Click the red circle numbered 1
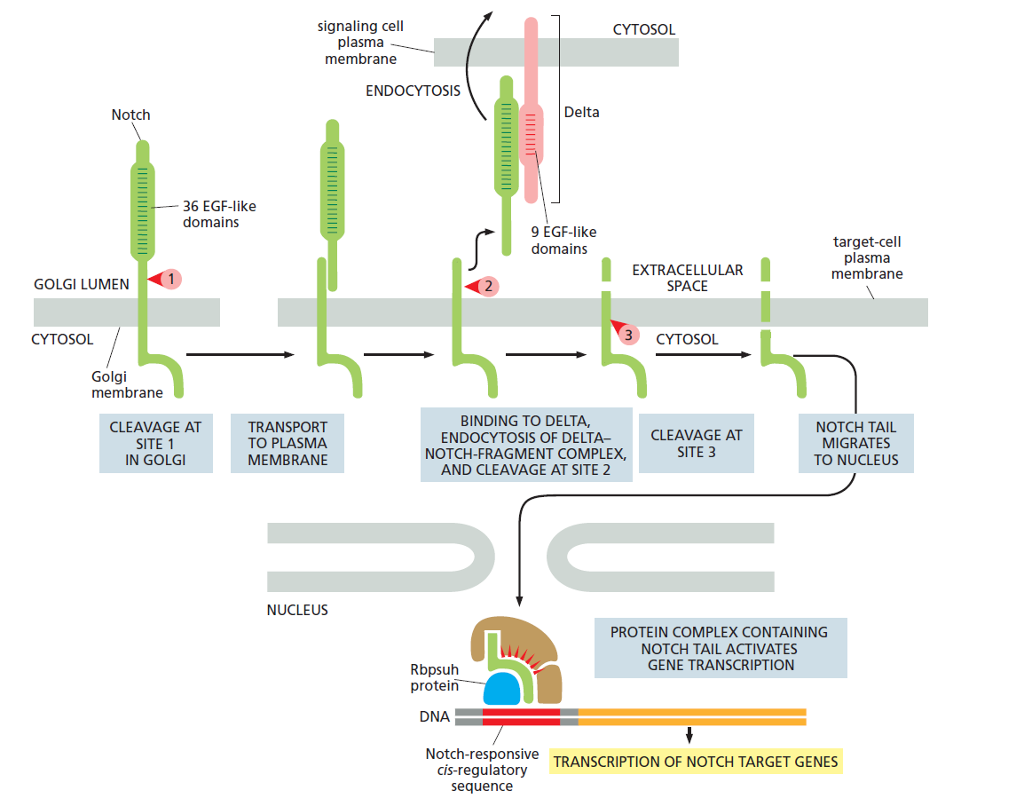[170, 279]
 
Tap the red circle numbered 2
[488, 286]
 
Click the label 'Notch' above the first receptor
[130, 115]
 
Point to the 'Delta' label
[581, 113]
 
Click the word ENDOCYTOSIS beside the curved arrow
[413, 90]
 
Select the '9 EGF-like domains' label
[559, 240]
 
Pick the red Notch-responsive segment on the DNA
[521, 716]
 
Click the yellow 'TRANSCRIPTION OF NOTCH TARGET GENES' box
[695, 762]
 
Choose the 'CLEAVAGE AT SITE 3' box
[696, 443]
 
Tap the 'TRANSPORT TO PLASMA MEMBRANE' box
[287, 443]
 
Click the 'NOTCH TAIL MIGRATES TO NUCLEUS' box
[855, 443]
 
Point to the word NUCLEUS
[297, 610]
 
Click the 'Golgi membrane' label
[127, 384]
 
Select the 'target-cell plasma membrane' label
[866, 257]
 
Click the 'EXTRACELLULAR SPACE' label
[687, 278]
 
